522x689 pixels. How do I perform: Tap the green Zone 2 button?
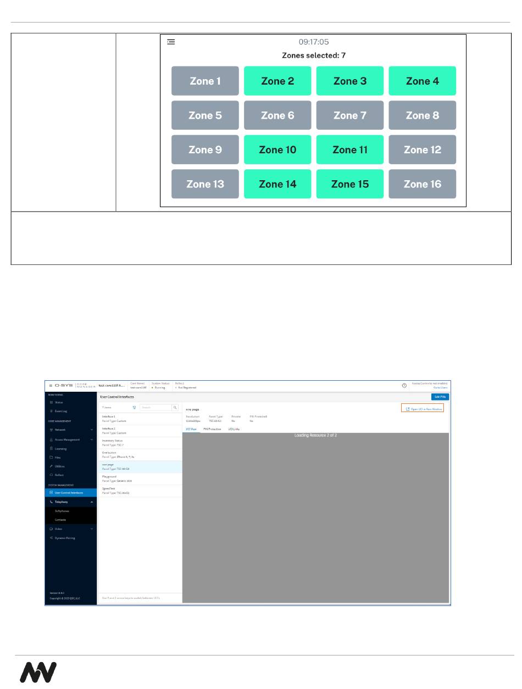point(277,81)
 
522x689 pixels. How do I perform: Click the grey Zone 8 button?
point(422,115)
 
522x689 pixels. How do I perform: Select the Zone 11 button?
point(350,149)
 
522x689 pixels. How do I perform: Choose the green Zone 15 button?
point(350,184)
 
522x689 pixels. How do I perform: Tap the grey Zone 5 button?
point(205,115)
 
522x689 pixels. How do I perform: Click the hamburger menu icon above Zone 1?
point(171,42)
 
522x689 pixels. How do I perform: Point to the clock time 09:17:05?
point(314,42)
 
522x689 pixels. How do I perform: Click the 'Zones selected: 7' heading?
point(314,55)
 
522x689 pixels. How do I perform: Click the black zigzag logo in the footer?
point(38,672)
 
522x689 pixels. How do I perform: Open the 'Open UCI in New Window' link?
point(423,409)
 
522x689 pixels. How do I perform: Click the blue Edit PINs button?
point(440,397)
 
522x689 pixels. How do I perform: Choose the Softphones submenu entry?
point(62,511)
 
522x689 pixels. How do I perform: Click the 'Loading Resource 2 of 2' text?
point(315,435)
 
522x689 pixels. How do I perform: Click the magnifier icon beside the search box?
point(175,408)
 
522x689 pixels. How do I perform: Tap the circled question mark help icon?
point(404,386)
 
